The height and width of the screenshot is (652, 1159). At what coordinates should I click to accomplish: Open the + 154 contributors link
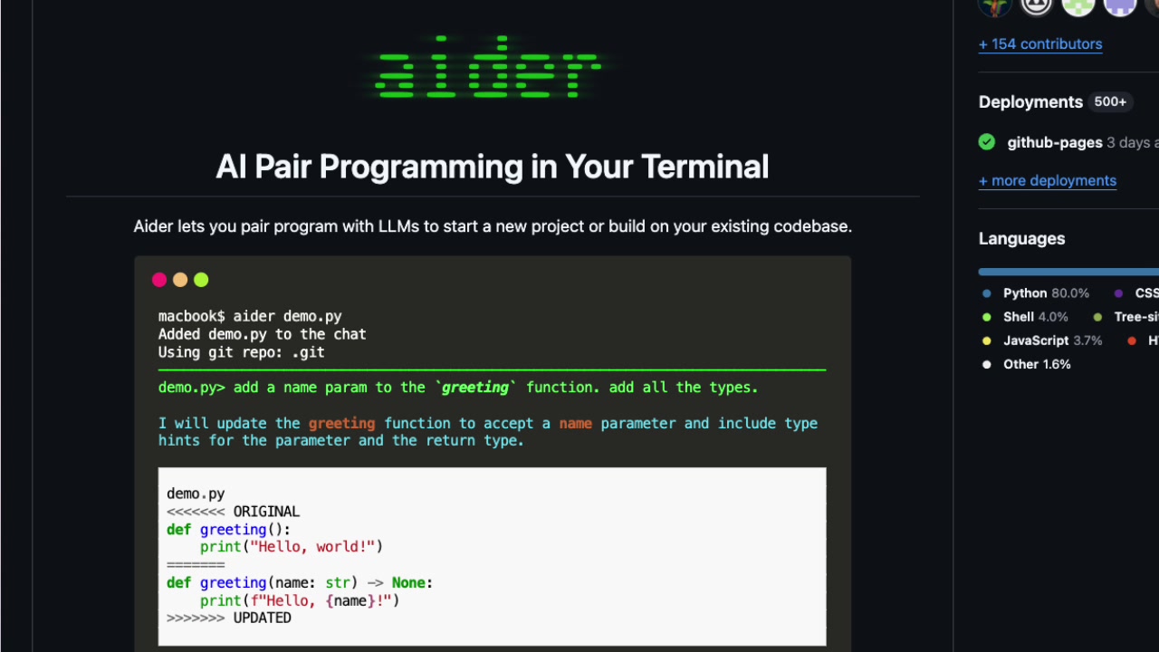click(x=1040, y=43)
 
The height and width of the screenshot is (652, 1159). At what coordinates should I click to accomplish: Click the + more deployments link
click(x=1048, y=180)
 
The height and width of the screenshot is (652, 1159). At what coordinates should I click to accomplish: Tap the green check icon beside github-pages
click(x=987, y=142)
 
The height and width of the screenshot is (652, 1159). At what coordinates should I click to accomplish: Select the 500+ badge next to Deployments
click(x=1110, y=101)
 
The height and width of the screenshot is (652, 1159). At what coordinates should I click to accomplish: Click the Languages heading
click(x=1021, y=238)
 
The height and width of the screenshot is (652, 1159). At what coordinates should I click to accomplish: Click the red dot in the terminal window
click(x=159, y=280)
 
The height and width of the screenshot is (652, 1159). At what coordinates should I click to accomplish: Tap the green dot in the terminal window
click(x=201, y=280)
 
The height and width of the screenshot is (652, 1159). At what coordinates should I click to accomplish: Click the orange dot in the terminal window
click(x=180, y=280)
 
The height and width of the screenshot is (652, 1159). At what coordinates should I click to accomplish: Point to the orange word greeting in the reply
click(x=341, y=423)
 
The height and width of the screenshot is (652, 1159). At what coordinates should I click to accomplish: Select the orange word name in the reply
click(x=575, y=423)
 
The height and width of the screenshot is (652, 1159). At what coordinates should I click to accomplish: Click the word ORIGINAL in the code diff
click(x=266, y=512)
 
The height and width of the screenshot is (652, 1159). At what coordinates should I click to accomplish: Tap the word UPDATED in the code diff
click(x=262, y=618)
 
